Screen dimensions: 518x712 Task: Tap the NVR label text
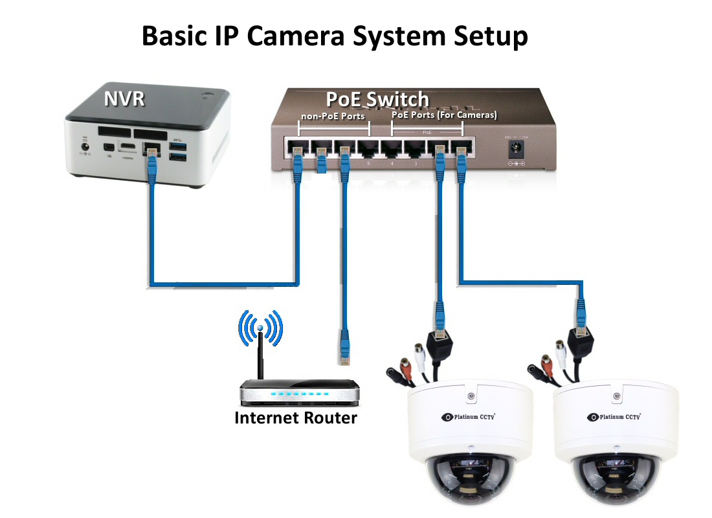(x=124, y=98)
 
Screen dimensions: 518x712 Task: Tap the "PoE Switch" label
(x=377, y=99)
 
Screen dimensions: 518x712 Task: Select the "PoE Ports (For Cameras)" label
(x=444, y=115)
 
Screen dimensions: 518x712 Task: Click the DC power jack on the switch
(x=518, y=150)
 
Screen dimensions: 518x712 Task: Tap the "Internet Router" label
(x=295, y=418)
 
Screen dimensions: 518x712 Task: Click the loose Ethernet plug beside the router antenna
(x=343, y=346)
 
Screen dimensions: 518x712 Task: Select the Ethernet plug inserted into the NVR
(x=152, y=155)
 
